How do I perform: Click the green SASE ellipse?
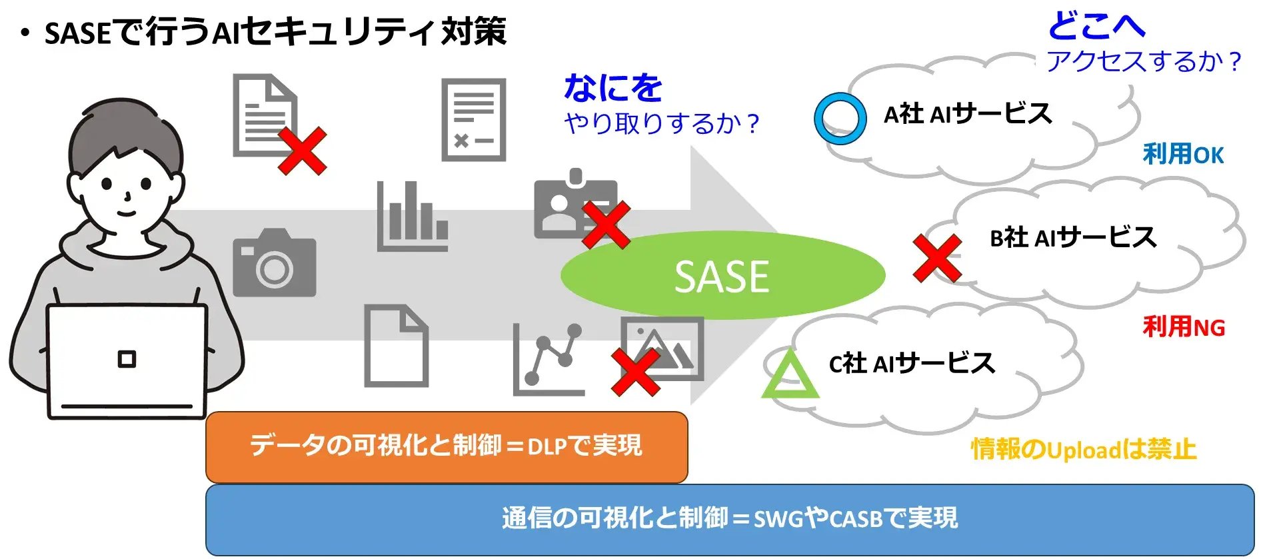coord(722,275)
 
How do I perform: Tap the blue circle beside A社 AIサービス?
coord(840,119)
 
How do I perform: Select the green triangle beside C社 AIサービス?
coord(790,376)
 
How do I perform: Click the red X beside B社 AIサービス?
coord(937,258)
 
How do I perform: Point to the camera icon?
coord(274,263)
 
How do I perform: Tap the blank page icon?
coord(396,346)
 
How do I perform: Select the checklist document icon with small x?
coord(474,120)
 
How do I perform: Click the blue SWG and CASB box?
coord(729,520)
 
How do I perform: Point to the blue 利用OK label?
coord(1183,155)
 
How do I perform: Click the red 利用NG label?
coord(1183,327)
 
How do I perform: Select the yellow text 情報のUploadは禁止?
coord(1083,450)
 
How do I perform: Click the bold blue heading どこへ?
coord(1096,27)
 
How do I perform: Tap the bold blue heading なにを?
coord(613,88)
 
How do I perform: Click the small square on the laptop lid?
coord(127,359)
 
